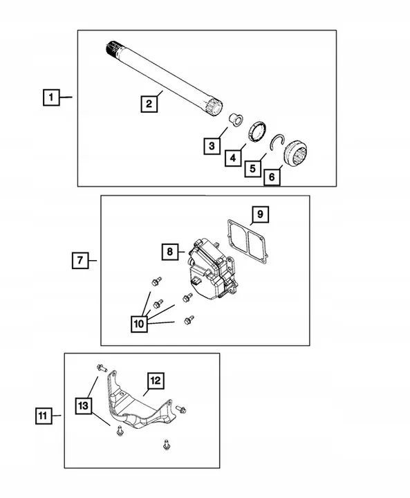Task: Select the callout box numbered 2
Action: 148,105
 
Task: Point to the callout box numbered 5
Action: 253,168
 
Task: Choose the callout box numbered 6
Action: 272,177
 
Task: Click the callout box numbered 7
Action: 80,260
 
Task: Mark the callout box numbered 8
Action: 170,252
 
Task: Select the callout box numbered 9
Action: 259,214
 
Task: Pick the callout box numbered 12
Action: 154,380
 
